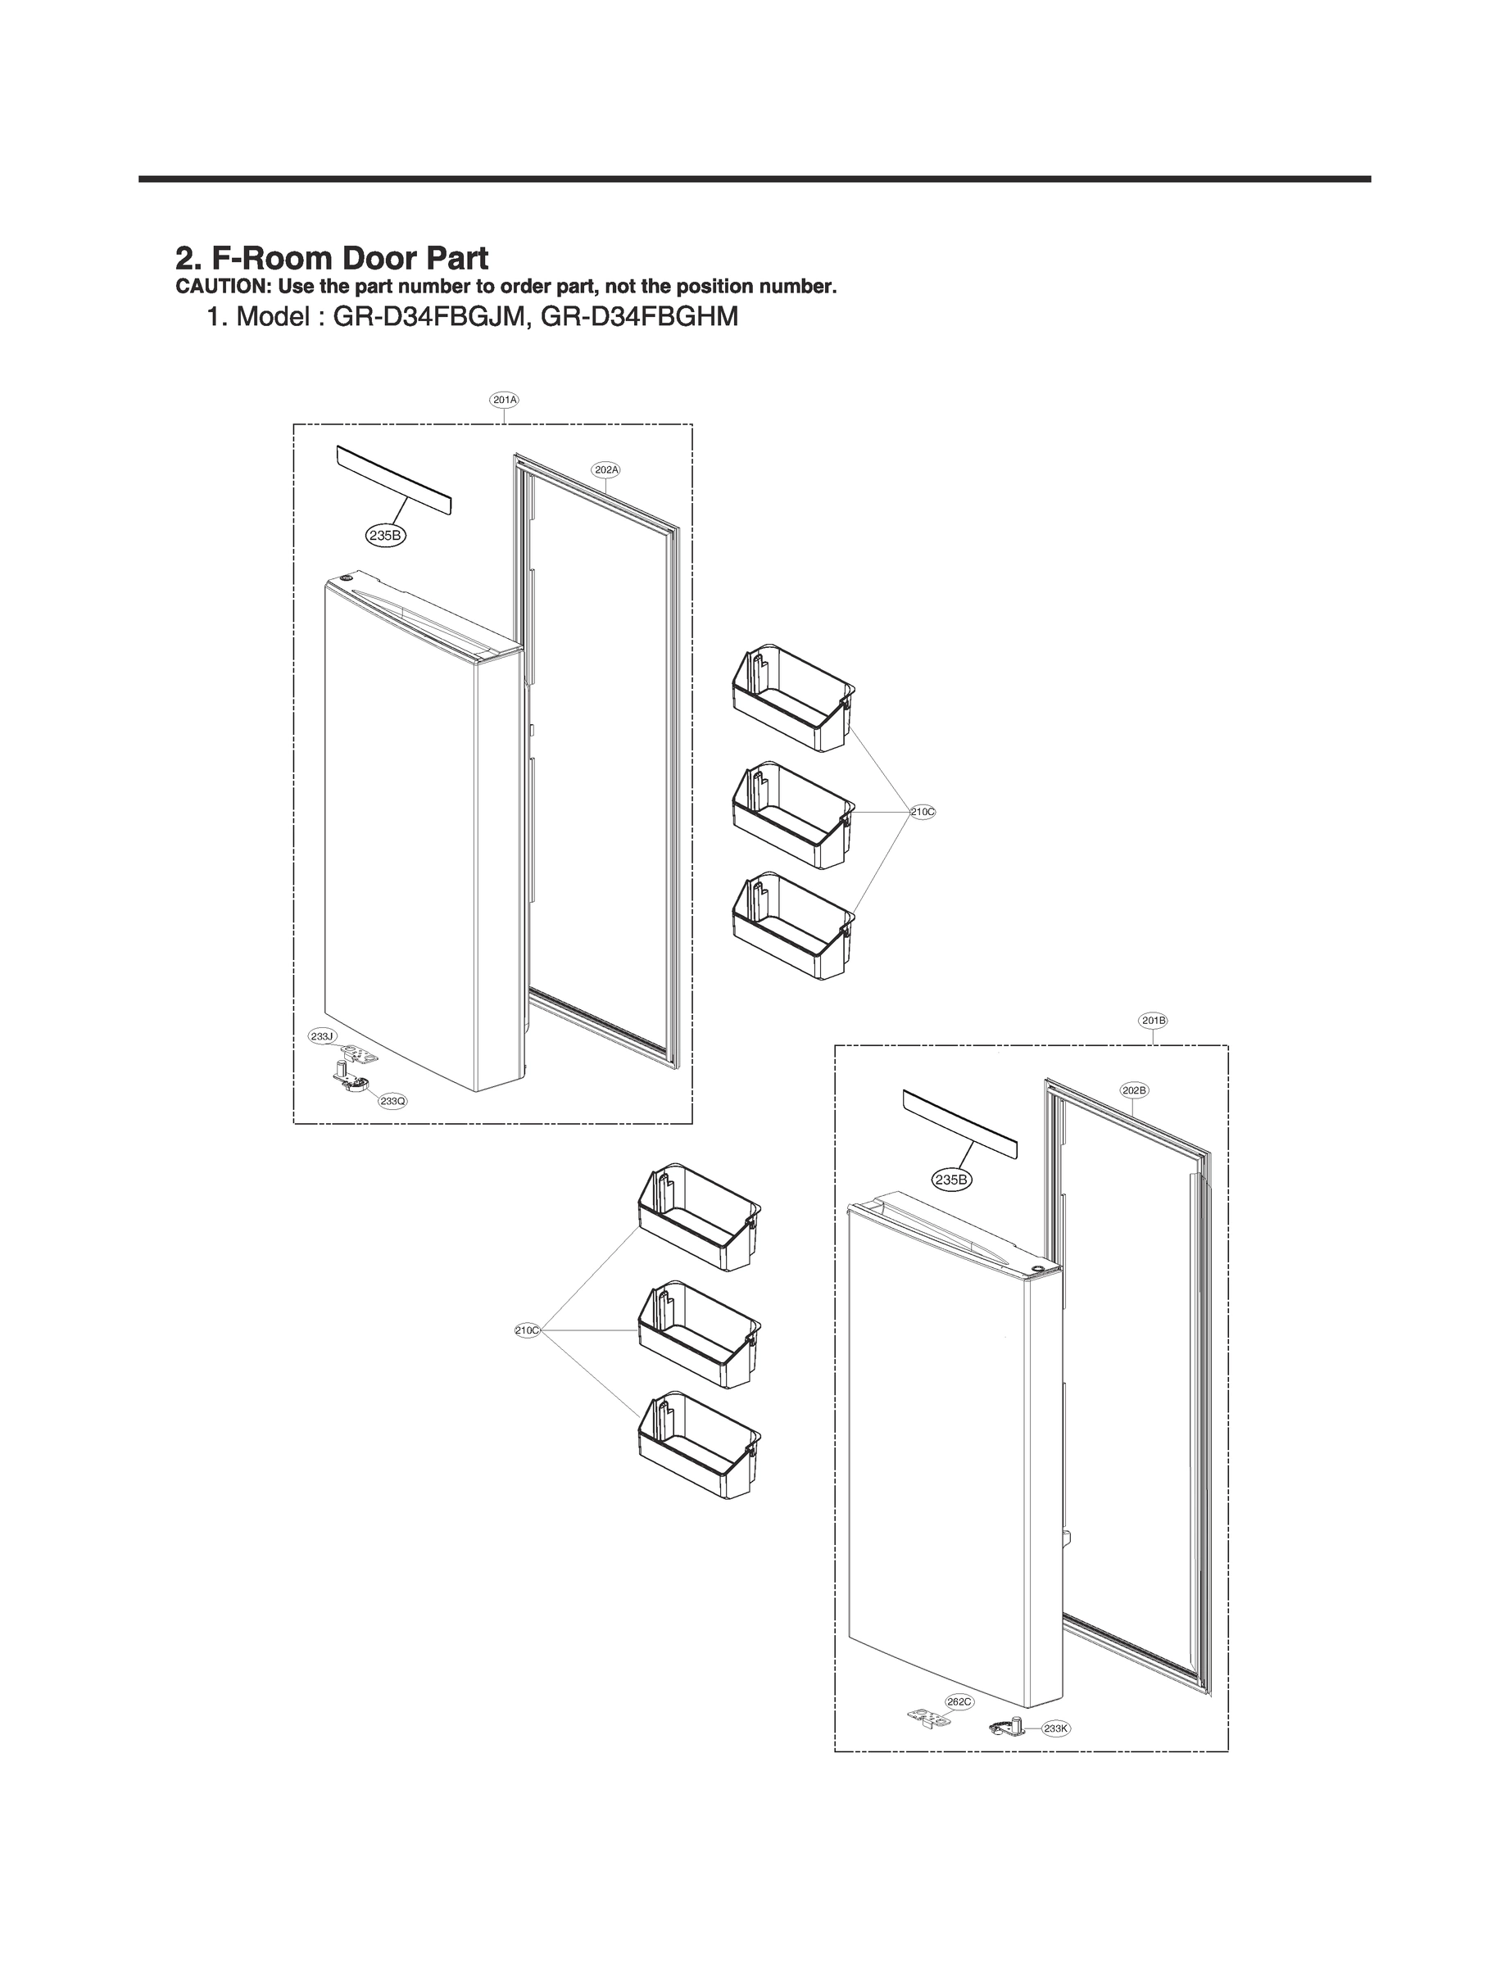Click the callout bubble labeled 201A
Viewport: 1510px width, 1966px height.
tap(504, 399)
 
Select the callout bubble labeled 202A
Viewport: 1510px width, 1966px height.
tap(606, 469)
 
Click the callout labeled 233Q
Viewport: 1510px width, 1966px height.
tap(392, 1101)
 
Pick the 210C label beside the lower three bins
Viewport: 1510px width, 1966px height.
tap(528, 1330)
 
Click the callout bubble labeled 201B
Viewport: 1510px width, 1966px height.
tap(1153, 1021)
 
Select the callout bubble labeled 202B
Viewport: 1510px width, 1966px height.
tap(1134, 1090)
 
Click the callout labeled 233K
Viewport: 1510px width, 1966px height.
tap(1056, 1728)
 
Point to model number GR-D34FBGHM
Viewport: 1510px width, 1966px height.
tap(639, 317)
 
